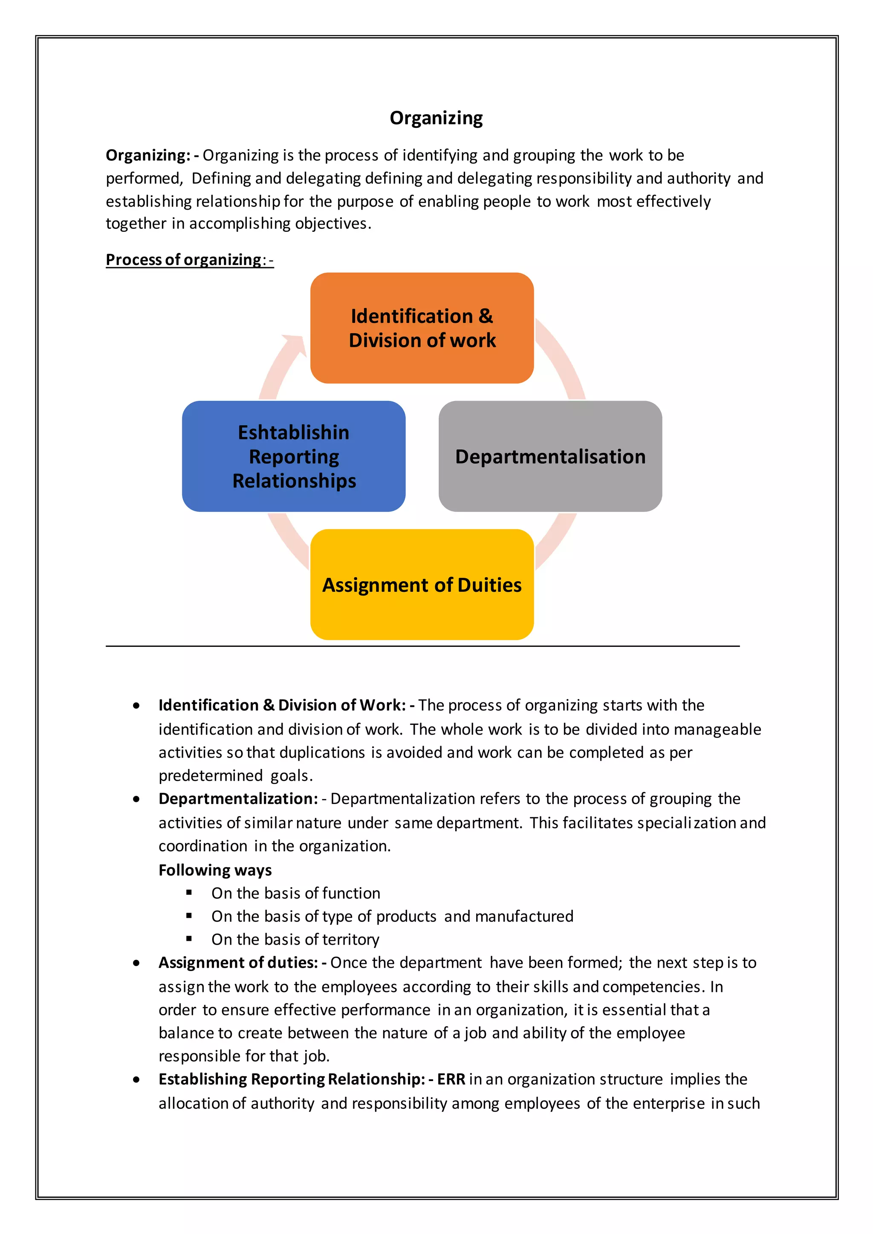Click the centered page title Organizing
pos(436,118)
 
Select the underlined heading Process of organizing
pos(183,259)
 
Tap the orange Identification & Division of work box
pos(422,328)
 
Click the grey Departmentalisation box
pos(550,456)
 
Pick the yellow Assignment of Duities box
pos(422,585)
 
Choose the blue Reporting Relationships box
pos(294,456)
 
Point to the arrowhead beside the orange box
pos(295,344)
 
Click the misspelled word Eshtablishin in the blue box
pos(294,432)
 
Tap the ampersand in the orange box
pos(486,316)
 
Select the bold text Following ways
pos(215,870)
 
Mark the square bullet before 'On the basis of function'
pos(189,892)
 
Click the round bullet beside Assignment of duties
pos(136,963)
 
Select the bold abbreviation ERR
pos(451,1079)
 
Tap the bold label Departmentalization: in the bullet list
pos(238,799)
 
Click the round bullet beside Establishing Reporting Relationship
pos(136,1079)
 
